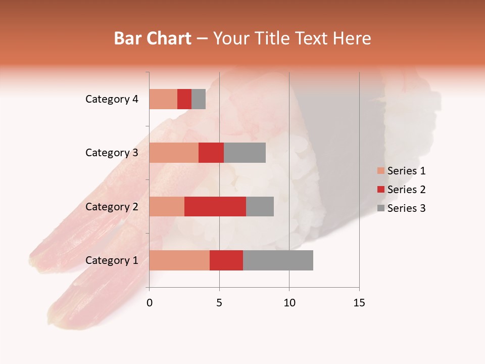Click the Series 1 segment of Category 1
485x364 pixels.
coord(179,260)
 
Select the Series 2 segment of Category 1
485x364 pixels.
coord(226,260)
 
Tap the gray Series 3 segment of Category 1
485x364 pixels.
coord(278,260)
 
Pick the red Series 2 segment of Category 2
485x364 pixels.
coord(215,206)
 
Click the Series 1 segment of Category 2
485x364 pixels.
coord(167,206)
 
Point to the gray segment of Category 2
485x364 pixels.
coord(260,206)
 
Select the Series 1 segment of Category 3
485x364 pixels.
coord(174,153)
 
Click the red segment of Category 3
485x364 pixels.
coord(211,153)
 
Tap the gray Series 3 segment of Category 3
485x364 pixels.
coord(245,153)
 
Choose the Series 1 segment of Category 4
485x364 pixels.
coord(163,99)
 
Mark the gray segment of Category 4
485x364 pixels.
coord(199,99)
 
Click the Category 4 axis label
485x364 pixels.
coord(112,99)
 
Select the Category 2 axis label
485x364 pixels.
coord(112,206)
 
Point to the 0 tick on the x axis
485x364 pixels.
coord(150,303)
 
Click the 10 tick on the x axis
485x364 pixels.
coord(289,303)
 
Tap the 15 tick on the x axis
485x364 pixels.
coord(359,303)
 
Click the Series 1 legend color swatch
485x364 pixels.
coord(380,171)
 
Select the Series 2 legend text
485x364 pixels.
coord(406,190)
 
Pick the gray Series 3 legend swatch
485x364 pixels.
coord(380,208)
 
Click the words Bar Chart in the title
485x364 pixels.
coord(153,38)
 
